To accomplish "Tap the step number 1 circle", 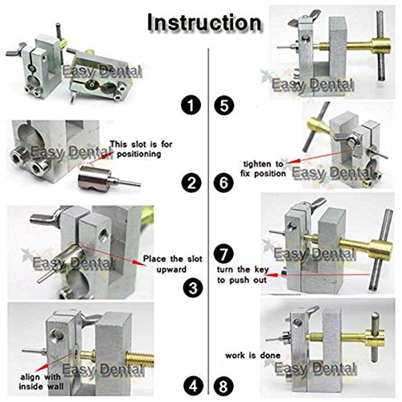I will pos(191,105).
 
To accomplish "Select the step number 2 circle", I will pos(191,184).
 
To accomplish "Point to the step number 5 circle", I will pos(223,105).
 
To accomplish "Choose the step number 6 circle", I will pos(223,184).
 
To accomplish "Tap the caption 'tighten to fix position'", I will pos(260,170).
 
